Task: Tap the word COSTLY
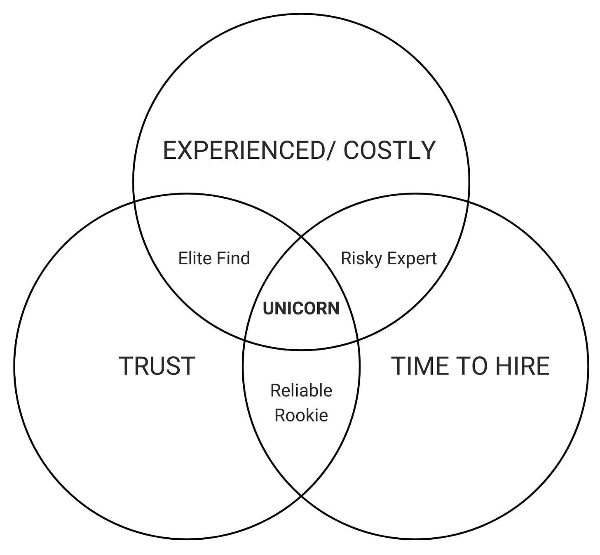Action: pyautogui.click(x=389, y=150)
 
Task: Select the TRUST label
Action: pyautogui.click(x=157, y=366)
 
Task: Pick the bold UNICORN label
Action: pyautogui.click(x=301, y=308)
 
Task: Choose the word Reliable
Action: pyautogui.click(x=301, y=390)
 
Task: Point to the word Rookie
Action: pyautogui.click(x=301, y=415)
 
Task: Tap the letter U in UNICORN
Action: pyautogui.click(x=268, y=308)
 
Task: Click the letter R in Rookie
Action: pyautogui.click(x=279, y=415)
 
